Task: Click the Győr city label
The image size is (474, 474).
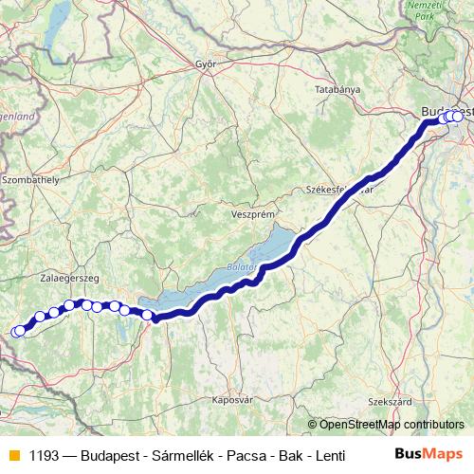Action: [206, 64]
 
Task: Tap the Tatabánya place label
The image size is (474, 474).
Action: [337, 88]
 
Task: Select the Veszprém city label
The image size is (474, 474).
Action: [252, 215]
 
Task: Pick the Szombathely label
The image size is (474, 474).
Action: [31, 177]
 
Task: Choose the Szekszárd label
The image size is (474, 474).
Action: [394, 401]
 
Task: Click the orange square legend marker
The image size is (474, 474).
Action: [12, 454]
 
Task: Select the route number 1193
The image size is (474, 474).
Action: [45, 454]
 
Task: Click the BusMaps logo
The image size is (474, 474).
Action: [428, 453]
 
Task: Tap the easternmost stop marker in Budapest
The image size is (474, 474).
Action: [459, 117]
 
